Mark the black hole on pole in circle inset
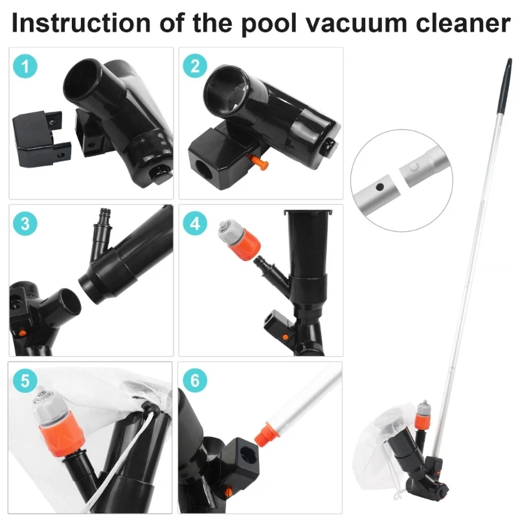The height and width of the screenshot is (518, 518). tap(381, 185)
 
